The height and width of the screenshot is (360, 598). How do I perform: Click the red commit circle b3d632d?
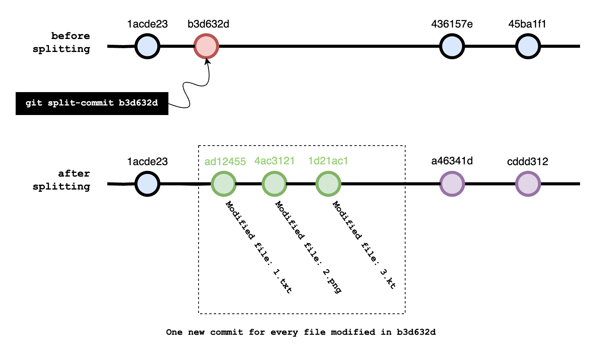point(206,46)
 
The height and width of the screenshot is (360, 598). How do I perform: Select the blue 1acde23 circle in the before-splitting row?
point(147,46)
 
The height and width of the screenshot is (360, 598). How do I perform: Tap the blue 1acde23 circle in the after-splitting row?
point(147,184)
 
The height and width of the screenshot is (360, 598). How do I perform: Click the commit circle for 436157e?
point(452,46)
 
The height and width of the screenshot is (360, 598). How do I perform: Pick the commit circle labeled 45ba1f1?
point(528,46)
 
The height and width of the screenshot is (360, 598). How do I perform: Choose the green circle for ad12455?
point(224,184)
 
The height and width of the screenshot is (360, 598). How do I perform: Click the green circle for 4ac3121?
point(274,184)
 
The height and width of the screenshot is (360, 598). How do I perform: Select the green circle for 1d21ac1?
point(328,184)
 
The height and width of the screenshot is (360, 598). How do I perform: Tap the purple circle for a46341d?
point(452,184)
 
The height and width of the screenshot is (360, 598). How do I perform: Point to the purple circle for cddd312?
point(528,184)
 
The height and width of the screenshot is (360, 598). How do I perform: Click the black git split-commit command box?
point(92,103)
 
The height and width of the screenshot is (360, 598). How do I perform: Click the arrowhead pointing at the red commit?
point(207,61)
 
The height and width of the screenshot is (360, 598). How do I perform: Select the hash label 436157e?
point(452,24)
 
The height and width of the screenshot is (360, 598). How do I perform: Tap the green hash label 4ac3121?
point(275,161)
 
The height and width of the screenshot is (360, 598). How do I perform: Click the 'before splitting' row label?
point(61,42)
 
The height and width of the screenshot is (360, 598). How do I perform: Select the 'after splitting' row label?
point(61,180)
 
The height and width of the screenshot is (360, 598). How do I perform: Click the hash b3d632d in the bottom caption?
point(416,332)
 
